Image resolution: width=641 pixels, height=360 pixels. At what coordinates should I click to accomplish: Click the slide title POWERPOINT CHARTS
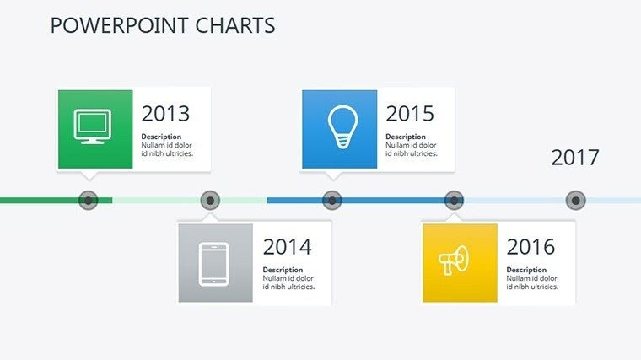click(x=163, y=26)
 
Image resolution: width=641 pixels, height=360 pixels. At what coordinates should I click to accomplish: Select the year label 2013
click(x=165, y=114)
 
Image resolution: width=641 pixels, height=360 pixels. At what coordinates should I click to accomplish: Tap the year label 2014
click(x=287, y=247)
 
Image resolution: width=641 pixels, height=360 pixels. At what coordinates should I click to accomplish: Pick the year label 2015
click(x=410, y=114)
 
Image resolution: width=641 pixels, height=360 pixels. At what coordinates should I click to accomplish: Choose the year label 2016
click(x=531, y=247)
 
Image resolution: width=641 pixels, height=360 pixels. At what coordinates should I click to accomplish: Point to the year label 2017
click(x=574, y=158)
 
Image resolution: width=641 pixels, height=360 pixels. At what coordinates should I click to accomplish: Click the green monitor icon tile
click(x=94, y=128)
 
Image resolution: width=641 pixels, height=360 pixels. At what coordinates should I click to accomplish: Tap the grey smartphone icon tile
click(x=215, y=262)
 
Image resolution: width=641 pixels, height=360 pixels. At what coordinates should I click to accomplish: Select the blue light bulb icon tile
click(x=339, y=128)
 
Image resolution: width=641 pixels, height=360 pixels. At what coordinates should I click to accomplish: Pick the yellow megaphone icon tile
click(x=459, y=262)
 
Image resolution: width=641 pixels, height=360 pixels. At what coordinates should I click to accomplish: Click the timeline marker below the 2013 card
click(x=89, y=201)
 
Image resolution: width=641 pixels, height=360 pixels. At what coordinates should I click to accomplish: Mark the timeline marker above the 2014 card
click(x=211, y=201)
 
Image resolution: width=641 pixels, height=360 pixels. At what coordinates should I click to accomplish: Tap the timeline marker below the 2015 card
click(x=332, y=201)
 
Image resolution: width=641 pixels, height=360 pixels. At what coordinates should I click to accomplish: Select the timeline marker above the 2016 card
click(x=454, y=201)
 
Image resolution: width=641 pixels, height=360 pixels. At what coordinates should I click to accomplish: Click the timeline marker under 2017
click(x=576, y=201)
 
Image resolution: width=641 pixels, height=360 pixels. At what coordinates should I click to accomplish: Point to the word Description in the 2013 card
click(x=160, y=137)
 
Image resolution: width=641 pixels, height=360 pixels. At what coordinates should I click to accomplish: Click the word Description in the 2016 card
click(x=525, y=270)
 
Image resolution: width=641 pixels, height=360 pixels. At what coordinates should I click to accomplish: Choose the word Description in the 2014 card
click(x=282, y=270)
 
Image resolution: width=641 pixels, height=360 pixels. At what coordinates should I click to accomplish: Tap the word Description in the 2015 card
click(x=405, y=137)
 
